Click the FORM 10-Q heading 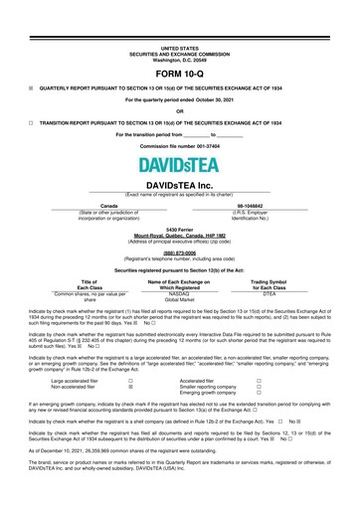(x=179, y=74)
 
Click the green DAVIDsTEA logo (x=179, y=164)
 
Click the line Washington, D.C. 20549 (x=179, y=59)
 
